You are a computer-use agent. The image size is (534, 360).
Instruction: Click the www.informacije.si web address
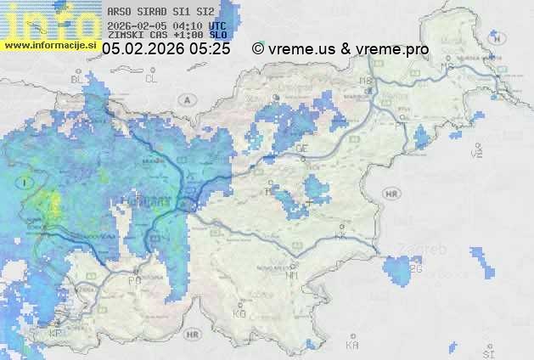click(x=51, y=44)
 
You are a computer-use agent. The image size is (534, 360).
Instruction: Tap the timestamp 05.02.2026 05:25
click(x=166, y=49)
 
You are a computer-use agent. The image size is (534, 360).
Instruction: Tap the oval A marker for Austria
click(x=186, y=99)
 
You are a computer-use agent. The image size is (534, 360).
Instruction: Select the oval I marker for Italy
click(x=28, y=182)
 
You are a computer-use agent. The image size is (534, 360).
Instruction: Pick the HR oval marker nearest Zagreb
click(x=391, y=194)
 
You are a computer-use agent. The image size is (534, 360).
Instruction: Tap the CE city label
click(x=301, y=149)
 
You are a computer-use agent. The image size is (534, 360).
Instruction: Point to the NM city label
click(x=293, y=276)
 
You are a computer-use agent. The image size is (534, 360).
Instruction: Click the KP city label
click(x=56, y=334)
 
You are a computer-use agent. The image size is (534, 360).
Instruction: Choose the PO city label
click(x=134, y=280)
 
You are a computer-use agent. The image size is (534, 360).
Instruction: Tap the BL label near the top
click(x=77, y=78)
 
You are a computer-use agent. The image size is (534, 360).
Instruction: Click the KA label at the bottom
click(x=352, y=346)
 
